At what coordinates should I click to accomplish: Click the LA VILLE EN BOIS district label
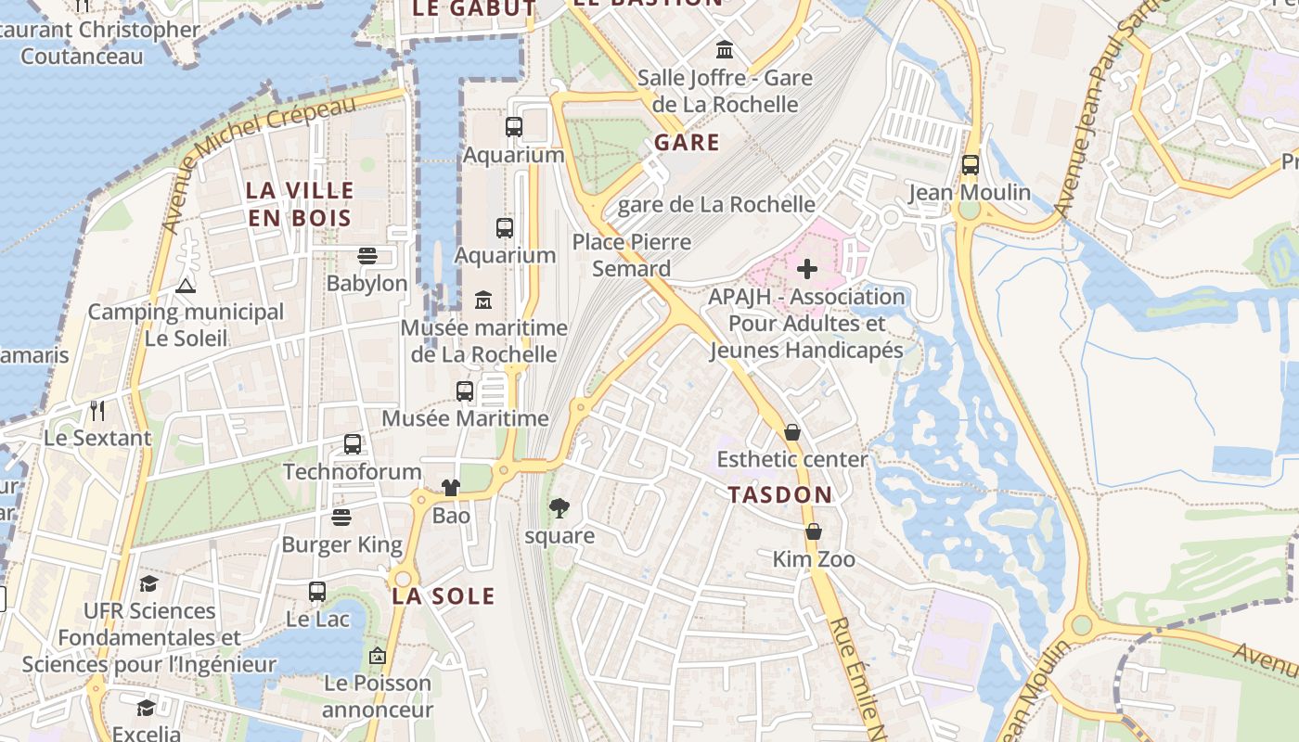(x=300, y=204)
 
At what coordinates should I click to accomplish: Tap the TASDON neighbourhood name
(x=780, y=494)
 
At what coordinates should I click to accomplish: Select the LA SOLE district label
(x=444, y=595)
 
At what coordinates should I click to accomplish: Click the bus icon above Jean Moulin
(x=970, y=165)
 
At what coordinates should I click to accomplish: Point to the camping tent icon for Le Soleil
(x=186, y=285)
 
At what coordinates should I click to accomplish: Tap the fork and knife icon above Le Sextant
(x=97, y=410)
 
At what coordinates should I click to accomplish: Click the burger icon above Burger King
(x=342, y=518)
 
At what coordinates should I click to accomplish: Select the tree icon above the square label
(x=559, y=508)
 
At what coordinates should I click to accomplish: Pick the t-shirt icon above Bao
(x=451, y=488)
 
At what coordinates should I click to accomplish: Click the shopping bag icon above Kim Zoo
(x=814, y=531)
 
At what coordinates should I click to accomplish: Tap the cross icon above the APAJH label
(x=807, y=269)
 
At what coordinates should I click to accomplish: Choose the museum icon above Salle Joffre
(x=725, y=49)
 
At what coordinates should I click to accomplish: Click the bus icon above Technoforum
(x=353, y=444)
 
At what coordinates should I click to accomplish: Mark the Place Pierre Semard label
(x=632, y=255)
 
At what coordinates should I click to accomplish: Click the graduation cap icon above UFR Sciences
(x=148, y=583)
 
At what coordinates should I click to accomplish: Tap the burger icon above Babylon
(x=367, y=256)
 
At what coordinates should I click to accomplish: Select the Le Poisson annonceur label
(x=378, y=697)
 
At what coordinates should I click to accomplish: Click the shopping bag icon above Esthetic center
(x=791, y=432)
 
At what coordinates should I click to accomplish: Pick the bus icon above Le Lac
(x=317, y=591)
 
